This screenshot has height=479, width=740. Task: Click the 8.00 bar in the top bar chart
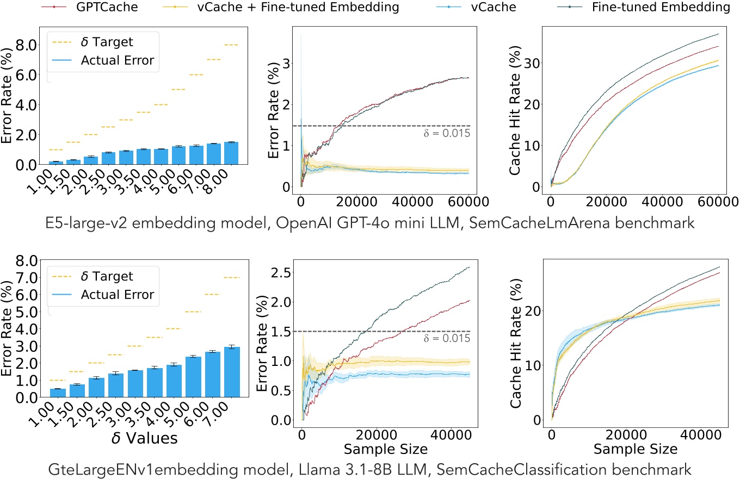231,153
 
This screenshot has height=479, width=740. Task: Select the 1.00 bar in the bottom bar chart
57,393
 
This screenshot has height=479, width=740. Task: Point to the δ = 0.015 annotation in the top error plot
446,133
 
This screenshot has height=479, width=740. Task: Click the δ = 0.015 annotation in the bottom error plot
446,338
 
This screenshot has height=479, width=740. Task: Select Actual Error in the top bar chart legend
120,61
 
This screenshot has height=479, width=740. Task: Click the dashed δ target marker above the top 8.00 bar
231,45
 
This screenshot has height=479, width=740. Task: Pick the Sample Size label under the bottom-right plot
635,449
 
